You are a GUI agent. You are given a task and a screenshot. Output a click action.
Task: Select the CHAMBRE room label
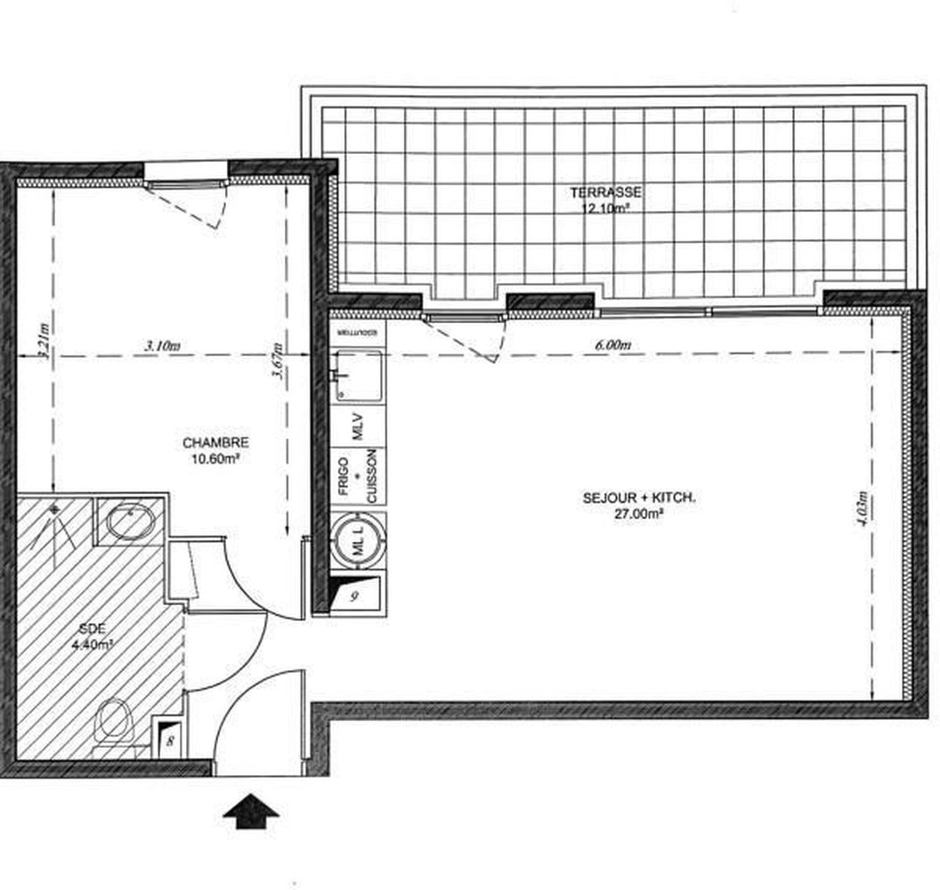[x=215, y=442]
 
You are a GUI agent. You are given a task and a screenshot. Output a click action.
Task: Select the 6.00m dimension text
[x=613, y=344]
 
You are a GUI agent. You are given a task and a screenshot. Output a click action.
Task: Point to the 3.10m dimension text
[x=162, y=345]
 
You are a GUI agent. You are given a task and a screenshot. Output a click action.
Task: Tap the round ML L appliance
[x=359, y=541]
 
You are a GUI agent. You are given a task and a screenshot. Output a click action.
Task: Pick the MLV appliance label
[x=359, y=425]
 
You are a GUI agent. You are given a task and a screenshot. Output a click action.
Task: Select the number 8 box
[x=169, y=737]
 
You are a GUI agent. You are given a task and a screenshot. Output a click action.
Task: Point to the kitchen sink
[x=358, y=375]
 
